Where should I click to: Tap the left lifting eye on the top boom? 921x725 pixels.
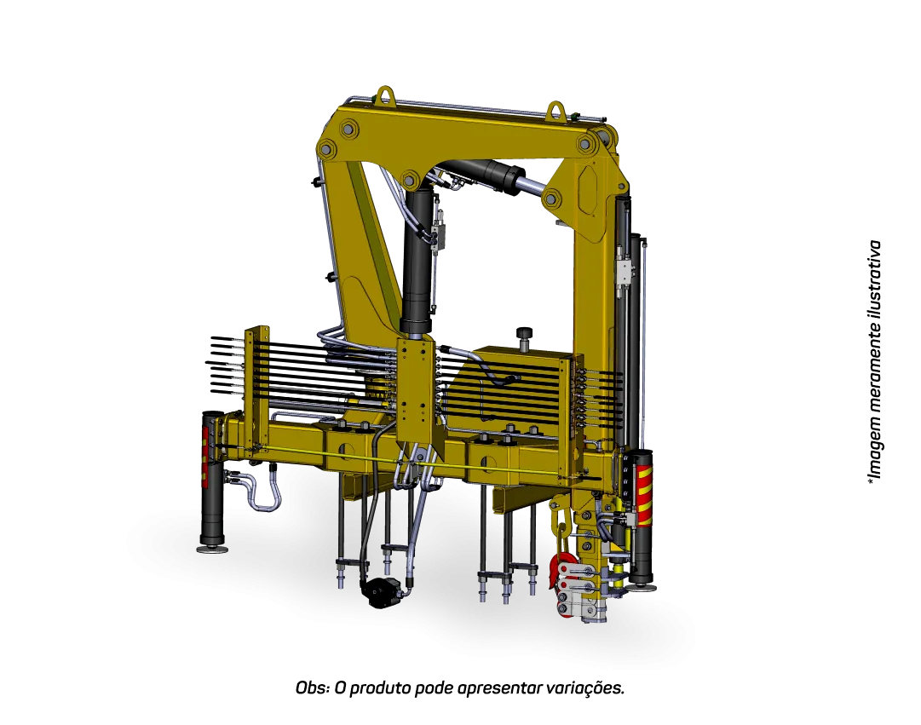pyautogui.click(x=385, y=94)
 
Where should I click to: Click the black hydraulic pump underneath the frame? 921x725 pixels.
pyautogui.click(x=383, y=591)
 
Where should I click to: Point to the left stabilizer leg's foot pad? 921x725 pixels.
pyautogui.click(x=213, y=549)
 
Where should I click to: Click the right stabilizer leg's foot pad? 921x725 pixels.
pyautogui.click(x=642, y=586)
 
